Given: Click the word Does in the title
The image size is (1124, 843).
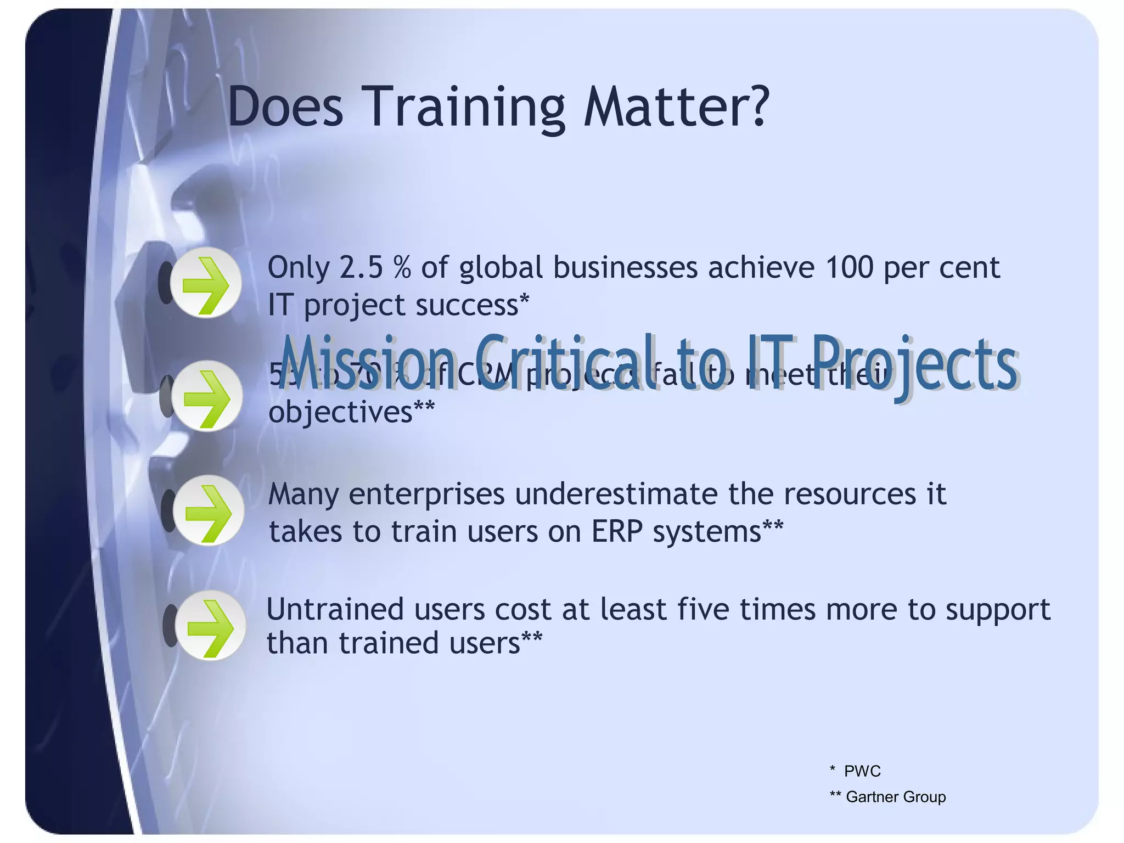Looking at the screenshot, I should [285, 107].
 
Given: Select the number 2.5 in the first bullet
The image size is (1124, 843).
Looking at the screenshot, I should [361, 268].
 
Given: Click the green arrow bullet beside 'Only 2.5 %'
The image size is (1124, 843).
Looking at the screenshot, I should [206, 283].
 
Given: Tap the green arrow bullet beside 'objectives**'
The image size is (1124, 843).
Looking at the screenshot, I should [207, 396].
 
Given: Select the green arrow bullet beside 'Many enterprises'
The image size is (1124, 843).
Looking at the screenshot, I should [209, 510].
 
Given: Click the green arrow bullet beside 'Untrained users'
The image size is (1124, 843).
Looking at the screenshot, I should [210, 626].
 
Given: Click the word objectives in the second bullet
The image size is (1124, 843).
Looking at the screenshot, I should [340, 413].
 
